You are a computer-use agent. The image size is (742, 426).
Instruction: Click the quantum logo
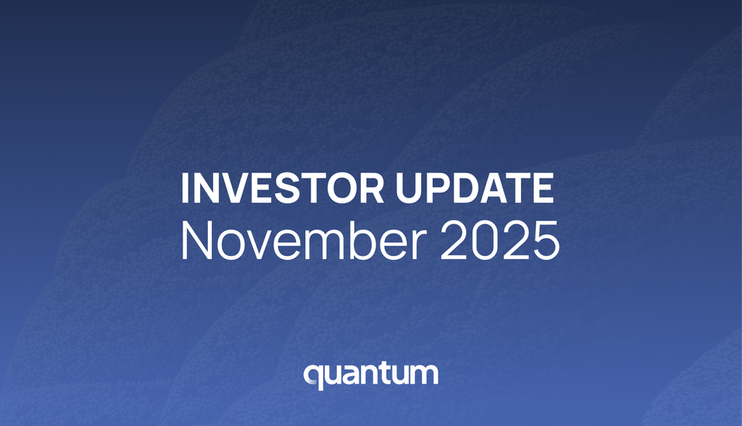pos(371,375)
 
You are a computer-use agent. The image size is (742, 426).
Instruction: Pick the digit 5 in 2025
pos(544,241)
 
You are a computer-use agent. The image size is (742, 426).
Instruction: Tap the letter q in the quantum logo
pos(313,377)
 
